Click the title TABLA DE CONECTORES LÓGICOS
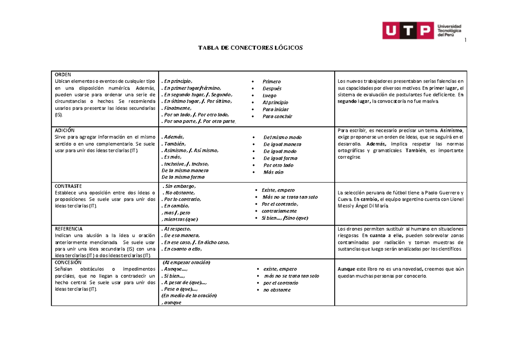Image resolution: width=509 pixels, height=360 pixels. (251, 48)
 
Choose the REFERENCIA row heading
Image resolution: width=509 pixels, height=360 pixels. (69, 229)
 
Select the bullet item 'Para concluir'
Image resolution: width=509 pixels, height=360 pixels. (277, 117)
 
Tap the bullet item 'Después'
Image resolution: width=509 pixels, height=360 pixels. (272, 89)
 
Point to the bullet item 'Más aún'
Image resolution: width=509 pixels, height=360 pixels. (273, 172)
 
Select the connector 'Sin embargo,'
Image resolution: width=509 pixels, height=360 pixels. (180, 186)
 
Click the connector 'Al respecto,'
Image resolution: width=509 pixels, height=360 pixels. (177, 229)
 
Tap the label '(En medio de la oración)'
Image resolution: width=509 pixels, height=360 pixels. (189, 296)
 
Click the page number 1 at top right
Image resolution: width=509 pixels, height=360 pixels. (465, 40)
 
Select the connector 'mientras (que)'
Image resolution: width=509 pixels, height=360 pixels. (180, 219)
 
